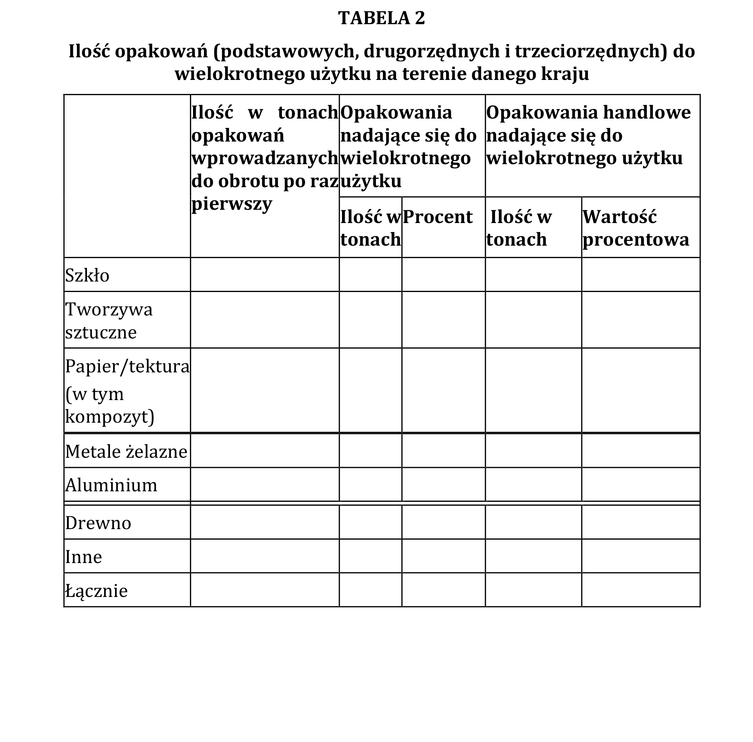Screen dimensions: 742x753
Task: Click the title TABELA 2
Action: pos(381,18)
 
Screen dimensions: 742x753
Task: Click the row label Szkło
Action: pos(87,276)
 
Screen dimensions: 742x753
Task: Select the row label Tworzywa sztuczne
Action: pos(109,321)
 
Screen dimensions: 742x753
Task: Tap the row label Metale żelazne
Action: pos(126,452)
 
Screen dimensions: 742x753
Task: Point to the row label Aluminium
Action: pos(111,485)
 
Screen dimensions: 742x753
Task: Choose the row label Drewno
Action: pos(98,523)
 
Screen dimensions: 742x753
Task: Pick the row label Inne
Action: pos(84,557)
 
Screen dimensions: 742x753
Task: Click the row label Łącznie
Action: pos(97,591)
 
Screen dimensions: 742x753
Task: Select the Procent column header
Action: pos(438,217)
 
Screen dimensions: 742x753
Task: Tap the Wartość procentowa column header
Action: pos(636,228)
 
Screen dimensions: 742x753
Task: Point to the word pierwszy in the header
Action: pos(232,204)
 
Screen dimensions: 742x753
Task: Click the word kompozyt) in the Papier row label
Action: pos(110,417)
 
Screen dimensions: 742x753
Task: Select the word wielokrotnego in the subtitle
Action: pos(239,74)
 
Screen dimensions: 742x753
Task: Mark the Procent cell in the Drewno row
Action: pos(443,522)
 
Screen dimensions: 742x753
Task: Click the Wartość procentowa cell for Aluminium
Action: pos(641,485)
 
